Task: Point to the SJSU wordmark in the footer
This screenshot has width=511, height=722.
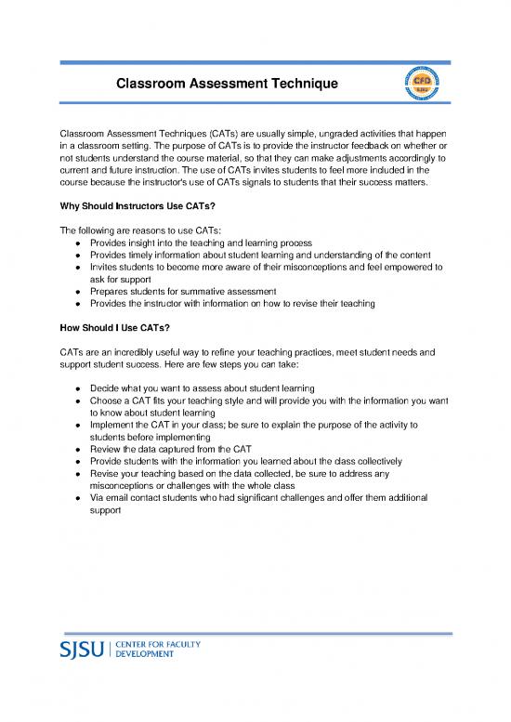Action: click(83, 648)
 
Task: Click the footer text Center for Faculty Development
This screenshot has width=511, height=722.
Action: click(148, 648)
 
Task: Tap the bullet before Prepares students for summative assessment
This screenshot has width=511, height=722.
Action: click(74, 290)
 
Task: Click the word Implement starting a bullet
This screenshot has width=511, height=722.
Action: click(115, 424)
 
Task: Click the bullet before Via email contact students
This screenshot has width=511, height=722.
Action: click(74, 498)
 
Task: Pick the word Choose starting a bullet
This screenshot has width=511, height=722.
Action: click(110, 400)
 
